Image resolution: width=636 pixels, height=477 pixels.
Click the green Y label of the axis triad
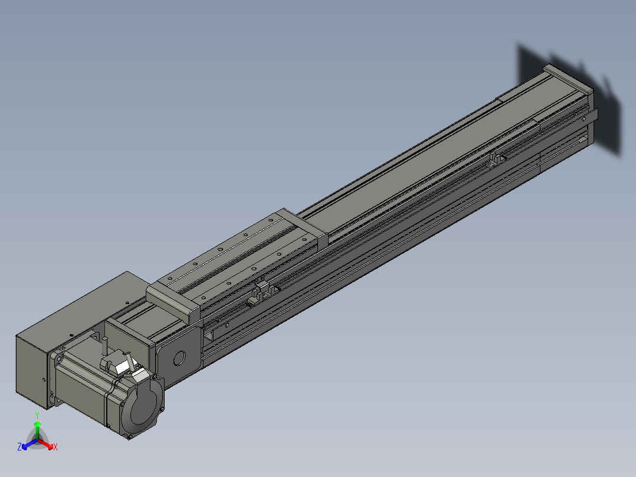pos(37,415)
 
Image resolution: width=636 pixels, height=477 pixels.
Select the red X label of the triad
pos(55,447)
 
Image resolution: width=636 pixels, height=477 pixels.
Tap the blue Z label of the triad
pos(19,446)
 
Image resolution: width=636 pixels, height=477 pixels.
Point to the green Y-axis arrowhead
pos(37,424)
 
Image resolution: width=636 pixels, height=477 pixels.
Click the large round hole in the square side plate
pos(179,358)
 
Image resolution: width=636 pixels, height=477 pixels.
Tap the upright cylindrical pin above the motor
pos(105,345)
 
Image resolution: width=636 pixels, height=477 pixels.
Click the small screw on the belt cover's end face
pos(44,380)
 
